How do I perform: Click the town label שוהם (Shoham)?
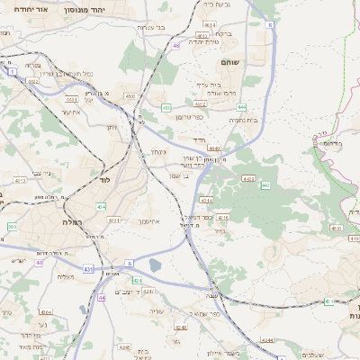point(229,62)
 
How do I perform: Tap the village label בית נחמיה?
point(243,120)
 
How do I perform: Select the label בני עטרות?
point(149,28)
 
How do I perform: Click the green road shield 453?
point(166,108)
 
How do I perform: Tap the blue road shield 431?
point(87,268)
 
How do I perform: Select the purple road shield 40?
point(176,44)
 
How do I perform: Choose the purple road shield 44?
point(103,296)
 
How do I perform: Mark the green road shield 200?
point(12,227)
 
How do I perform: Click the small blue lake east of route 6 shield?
point(156,265)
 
